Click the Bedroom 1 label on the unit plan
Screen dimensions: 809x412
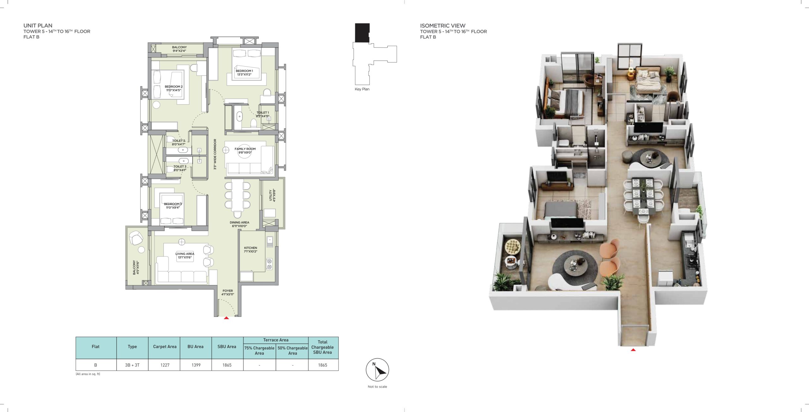pyautogui.click(x=244, y=73)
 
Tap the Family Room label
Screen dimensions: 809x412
pyautogui.click(x=245, y=151)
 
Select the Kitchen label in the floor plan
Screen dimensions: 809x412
pyautogui.click(x=251, y=249)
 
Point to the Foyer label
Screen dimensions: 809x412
pyautogui.click(x=228, y=293)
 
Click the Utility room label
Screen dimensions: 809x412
pyautogui.click(x=272, y=195)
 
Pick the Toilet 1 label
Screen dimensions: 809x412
pyautogui.click(x=263, y=114)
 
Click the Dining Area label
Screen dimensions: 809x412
pyautogui.click(x=239, y=224)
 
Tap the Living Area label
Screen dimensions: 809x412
pyautogui.click(x=185, y=255)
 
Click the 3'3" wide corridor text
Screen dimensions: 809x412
pyautogui.click(x=215, y=154)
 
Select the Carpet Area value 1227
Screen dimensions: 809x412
pyautogui.click(x=165, y=365)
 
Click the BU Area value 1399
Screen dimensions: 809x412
pyautogui.click(x=196, y=365)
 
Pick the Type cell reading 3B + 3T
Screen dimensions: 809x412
pyautogui.click(x=132, y=365)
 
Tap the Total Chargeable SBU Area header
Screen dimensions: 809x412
pyautogui.click(x=322, y=347)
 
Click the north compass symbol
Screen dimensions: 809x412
pyautogui.click(x=377, y=370)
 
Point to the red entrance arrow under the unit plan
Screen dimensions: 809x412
pyautogui.click(x=226, y=318)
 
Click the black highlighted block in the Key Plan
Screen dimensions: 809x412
pyautogui.click(x=362, y=33)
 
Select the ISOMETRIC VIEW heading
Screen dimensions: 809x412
pyautogui.click(x=442, y=26)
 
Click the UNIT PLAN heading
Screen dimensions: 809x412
pyautogui.click(x=38, y=26)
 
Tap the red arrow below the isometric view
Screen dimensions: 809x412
pyautogui.click(x=633, y=350)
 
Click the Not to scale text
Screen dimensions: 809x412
pyautogui.click(x=377, y=386)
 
